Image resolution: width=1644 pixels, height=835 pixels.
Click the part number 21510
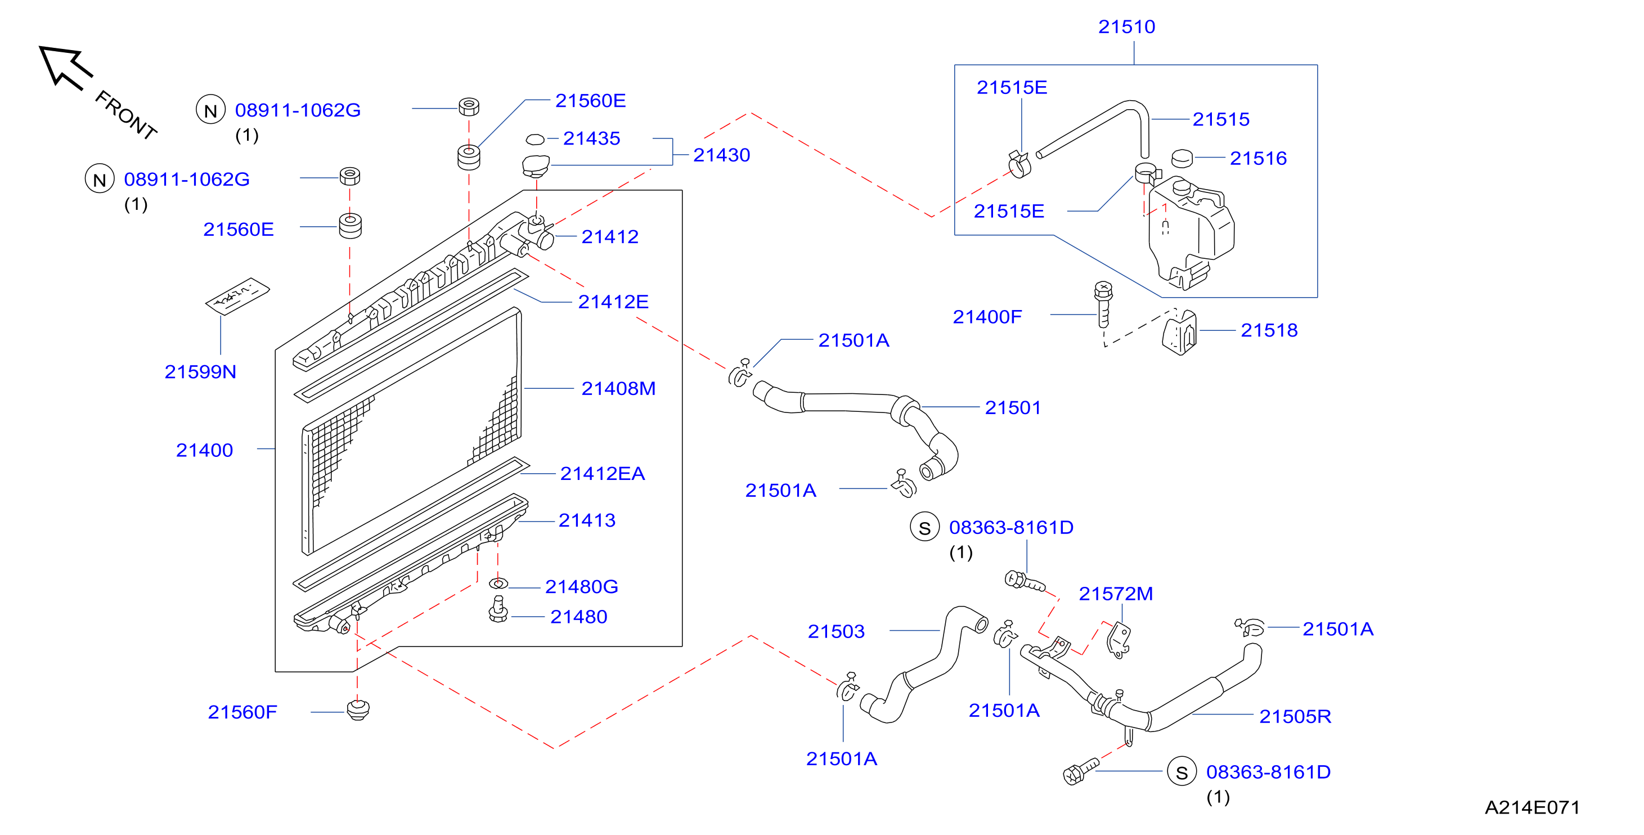(x=1126, y=27)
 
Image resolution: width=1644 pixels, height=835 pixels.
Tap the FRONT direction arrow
(x=65, y=66)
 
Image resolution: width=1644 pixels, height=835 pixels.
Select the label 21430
(x=721, y=155)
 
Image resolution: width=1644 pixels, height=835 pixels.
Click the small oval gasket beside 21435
(x=535, y=139)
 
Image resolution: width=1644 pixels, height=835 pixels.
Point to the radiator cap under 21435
(x=536, y=166)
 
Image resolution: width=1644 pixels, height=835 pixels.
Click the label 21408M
(x=618, y=389)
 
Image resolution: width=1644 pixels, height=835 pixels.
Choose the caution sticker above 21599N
(x=237, y=295)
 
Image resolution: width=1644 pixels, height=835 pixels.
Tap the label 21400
(x=204, y=451)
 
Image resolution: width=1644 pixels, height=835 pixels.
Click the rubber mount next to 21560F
(x=358, y=710)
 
